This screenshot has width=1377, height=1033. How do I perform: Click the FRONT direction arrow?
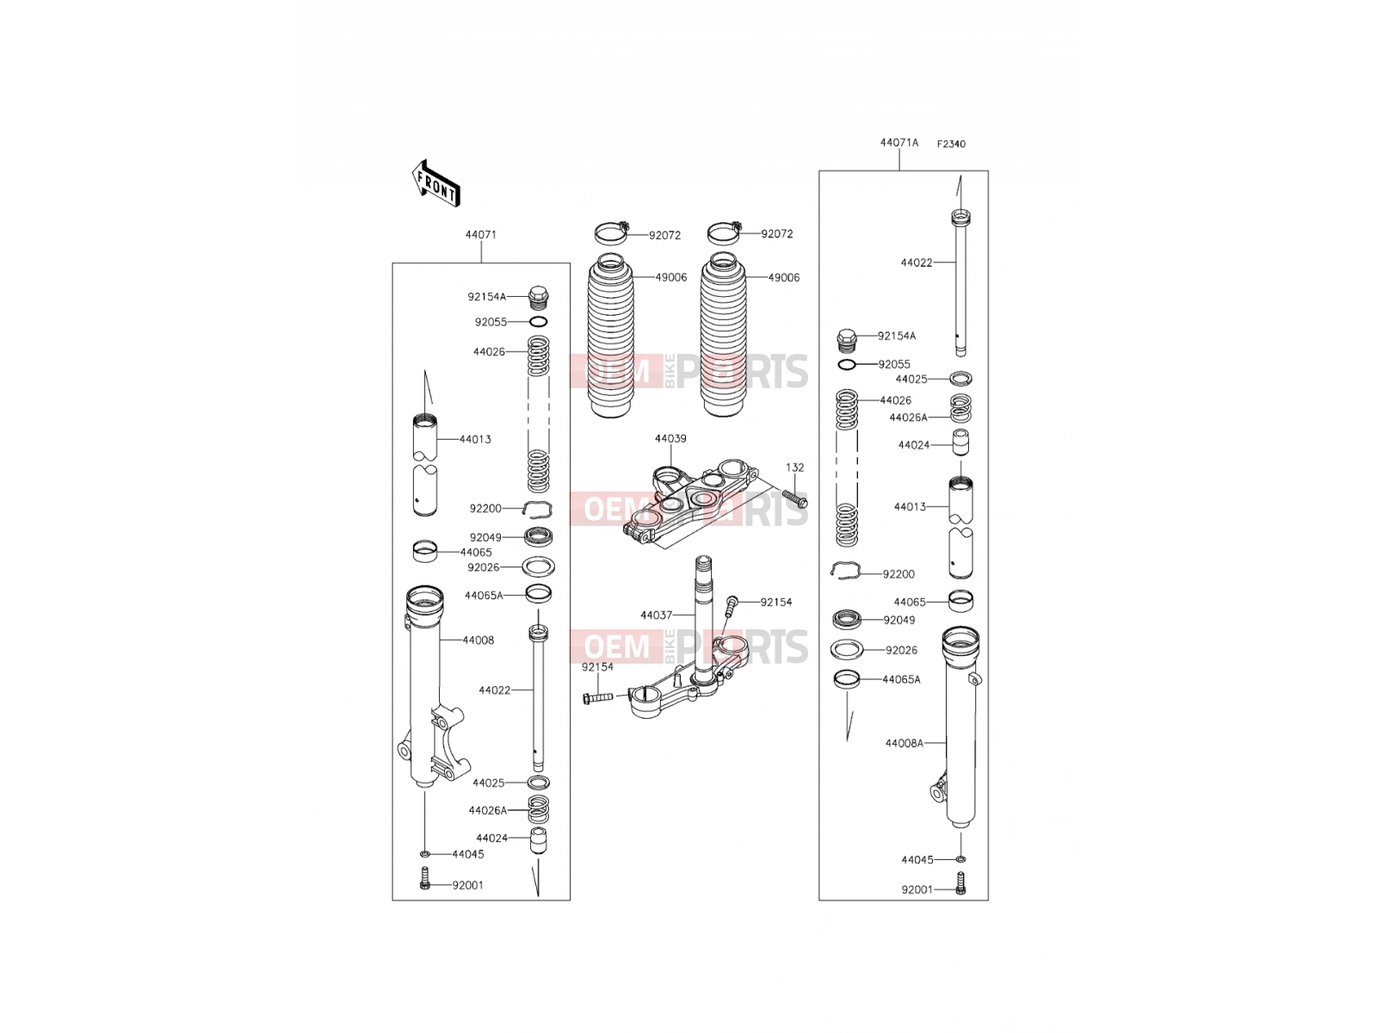click(436, 183)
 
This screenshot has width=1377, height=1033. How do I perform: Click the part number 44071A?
click(898, 142)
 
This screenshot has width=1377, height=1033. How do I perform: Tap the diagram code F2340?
click(951, 144)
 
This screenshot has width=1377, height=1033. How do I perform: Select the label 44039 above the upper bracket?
click(670, 438)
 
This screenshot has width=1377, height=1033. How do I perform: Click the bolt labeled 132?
click(794, 498)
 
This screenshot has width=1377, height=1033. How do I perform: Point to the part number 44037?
click(656, 615)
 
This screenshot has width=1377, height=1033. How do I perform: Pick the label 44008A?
click(904, 743)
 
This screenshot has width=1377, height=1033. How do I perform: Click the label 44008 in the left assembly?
click(478, 640)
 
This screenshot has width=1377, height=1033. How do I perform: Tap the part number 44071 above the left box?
click(480, 234)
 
